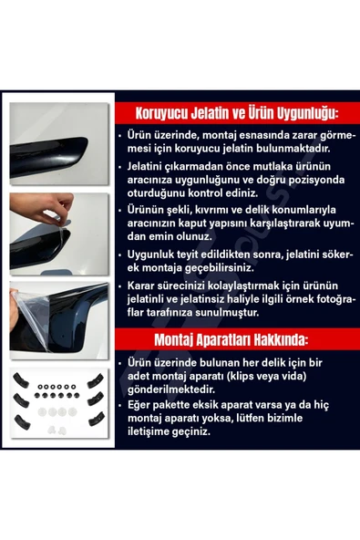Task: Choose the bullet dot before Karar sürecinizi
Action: [132, 285]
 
